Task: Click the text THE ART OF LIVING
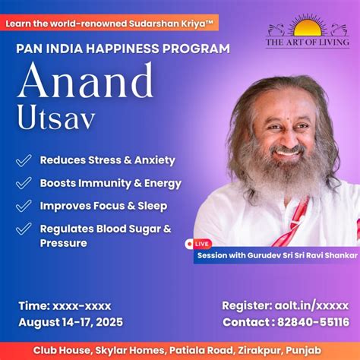click(x=307, y=43)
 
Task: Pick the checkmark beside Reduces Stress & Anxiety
click(x=24, y=160)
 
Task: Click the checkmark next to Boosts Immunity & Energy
click(x=24, y=183)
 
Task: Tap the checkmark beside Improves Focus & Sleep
click(x=24, y=206)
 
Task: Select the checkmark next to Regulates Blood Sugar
click(x=24, y=229)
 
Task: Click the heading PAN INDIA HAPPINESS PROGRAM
click(x=122, y=49)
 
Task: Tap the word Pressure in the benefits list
click(x=65, y=243)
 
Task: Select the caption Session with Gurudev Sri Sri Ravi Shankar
click(x=276, y=256)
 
